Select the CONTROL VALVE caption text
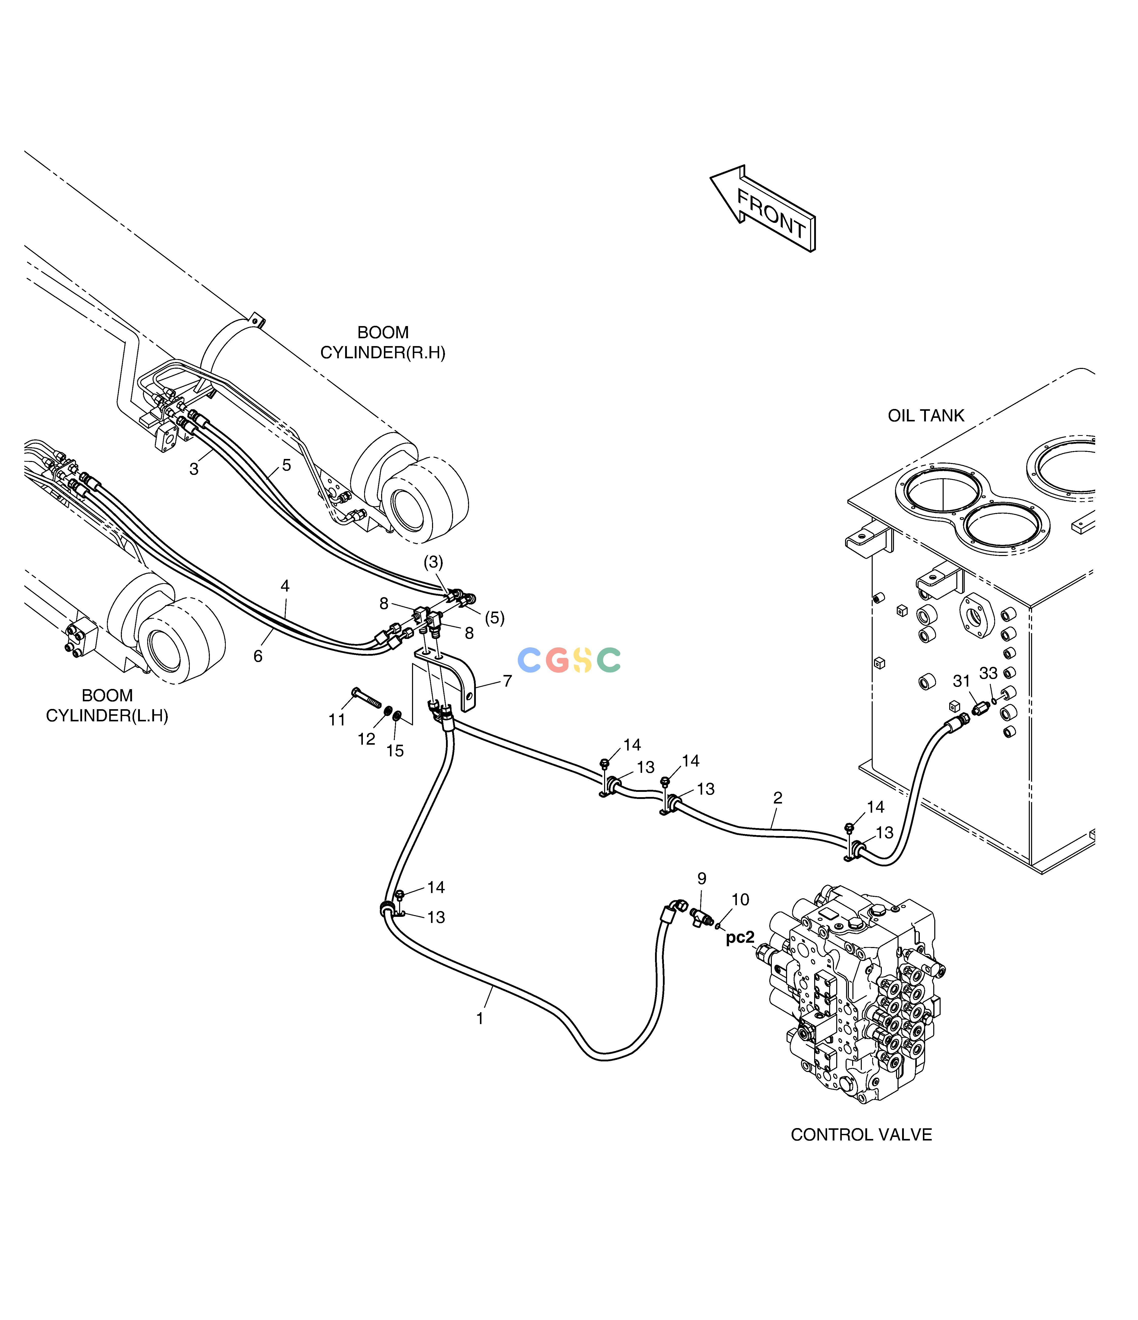point(861,1135)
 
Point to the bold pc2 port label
point(740,937)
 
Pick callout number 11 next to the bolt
point(337,720)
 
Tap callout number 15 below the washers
point(395,751)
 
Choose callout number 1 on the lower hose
point(480,1019)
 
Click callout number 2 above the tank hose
point(778,798)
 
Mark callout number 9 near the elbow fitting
point(702,879)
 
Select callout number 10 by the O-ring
point(740,900)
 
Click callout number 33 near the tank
point(988,673)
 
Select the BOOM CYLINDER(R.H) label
point(383,342)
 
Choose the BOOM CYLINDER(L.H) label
point(107,705)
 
